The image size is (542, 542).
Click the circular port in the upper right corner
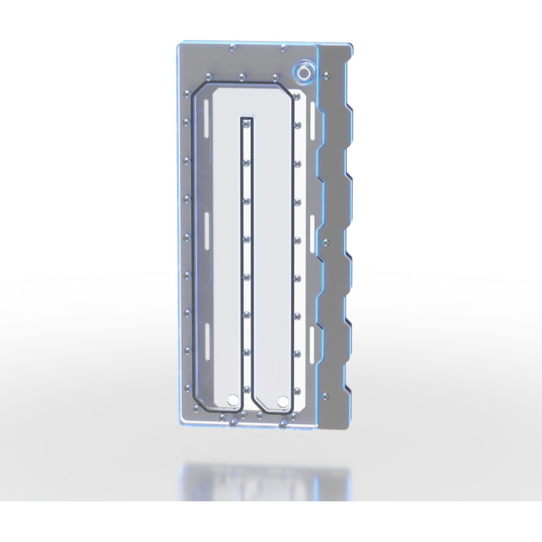pos(303,71)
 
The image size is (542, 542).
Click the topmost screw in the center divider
pos(246,123)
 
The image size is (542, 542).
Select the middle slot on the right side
pos(312,226)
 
